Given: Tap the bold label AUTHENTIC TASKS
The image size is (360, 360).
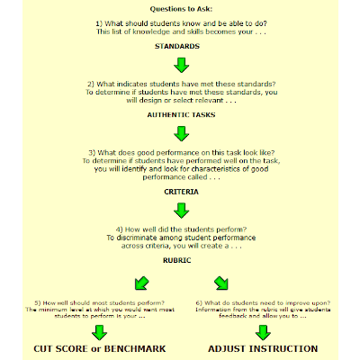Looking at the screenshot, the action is click(x=181, y=115).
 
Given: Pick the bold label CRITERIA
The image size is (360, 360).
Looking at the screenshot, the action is click(x=181, y=192).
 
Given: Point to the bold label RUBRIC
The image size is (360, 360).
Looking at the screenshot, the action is click(x=181, y=260).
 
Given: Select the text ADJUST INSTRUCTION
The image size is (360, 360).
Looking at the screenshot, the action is click(x=263, y=348).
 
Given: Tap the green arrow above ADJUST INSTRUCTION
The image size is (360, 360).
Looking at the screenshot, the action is click(x=262, y=330).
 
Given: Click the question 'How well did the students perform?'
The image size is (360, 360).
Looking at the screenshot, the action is click(x=181, y=229).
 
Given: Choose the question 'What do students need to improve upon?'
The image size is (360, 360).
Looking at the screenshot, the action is click(x=262, y=301).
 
